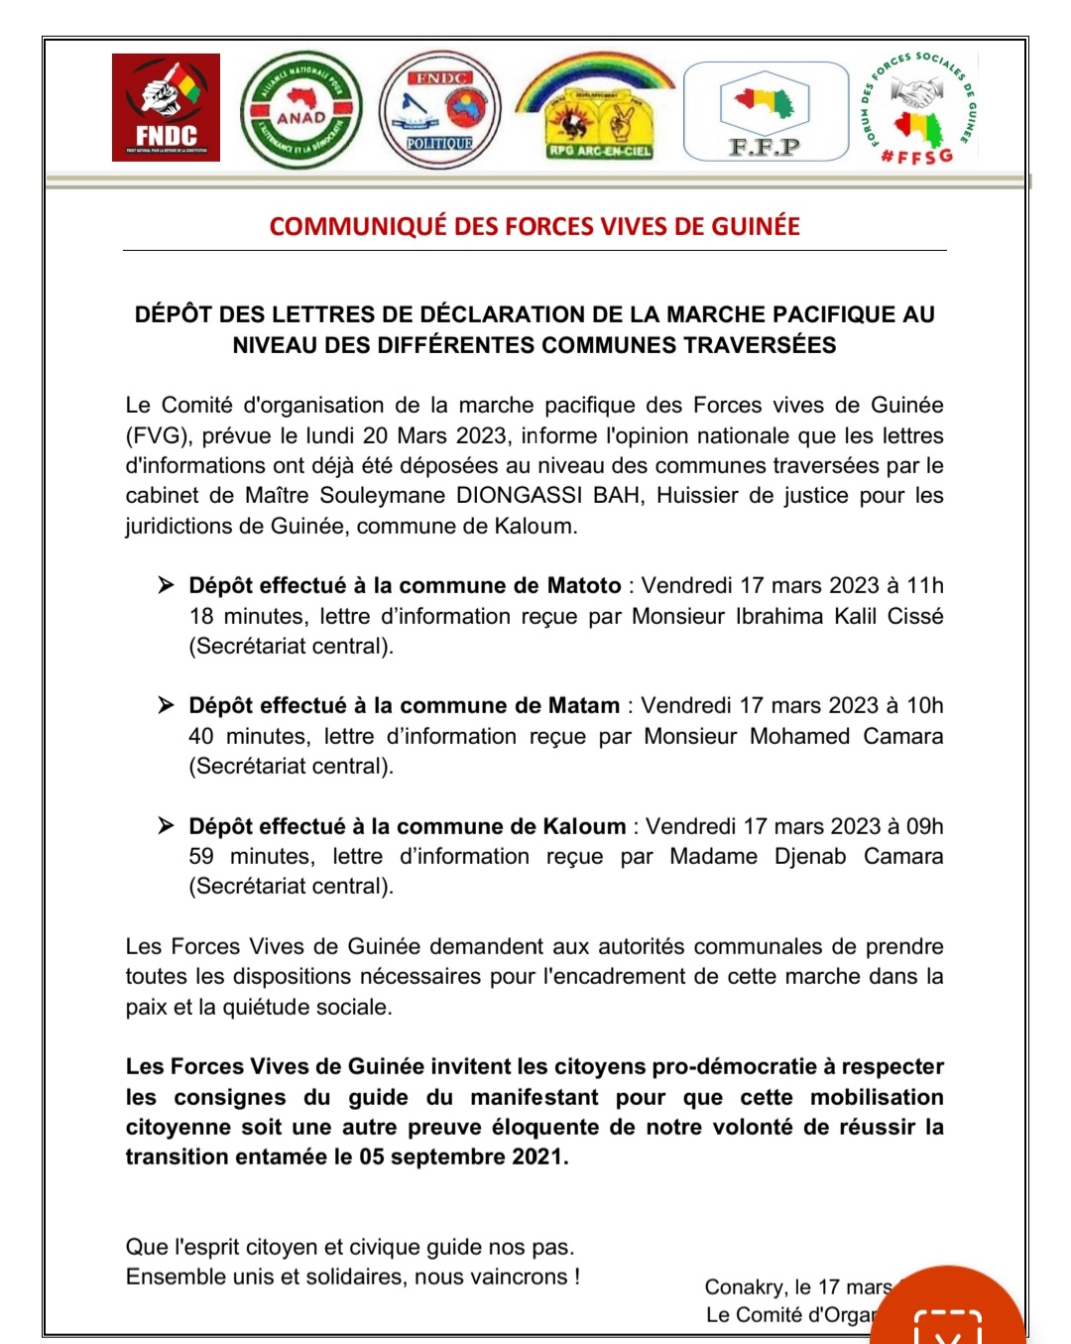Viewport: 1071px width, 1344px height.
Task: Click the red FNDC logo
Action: pyautogui.click(x=166, y=107)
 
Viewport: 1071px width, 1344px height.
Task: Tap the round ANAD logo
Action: pyautogui.click(x=301, y=110)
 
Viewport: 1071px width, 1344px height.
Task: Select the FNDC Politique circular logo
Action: pyautogui.click(x=440, y=110)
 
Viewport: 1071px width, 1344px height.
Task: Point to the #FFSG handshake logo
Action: pyautogui.click(x=919, y=108)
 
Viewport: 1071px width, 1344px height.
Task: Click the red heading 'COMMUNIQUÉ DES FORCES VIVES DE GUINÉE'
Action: pyautogui.click(x=535, y=226)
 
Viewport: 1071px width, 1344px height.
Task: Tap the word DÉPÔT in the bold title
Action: pyautogui.click(x=173, y=314)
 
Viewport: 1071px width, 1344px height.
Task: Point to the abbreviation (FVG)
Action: pyautogui.click(x=159, y=435)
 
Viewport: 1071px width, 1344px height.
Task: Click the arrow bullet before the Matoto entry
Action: pyautogui.click(x=166, y=585)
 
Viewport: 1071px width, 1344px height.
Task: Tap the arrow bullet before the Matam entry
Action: pyautogui.click(x=166, y=705)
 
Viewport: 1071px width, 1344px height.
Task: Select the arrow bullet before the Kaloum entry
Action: pyautogui.click(x=166, y=825)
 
